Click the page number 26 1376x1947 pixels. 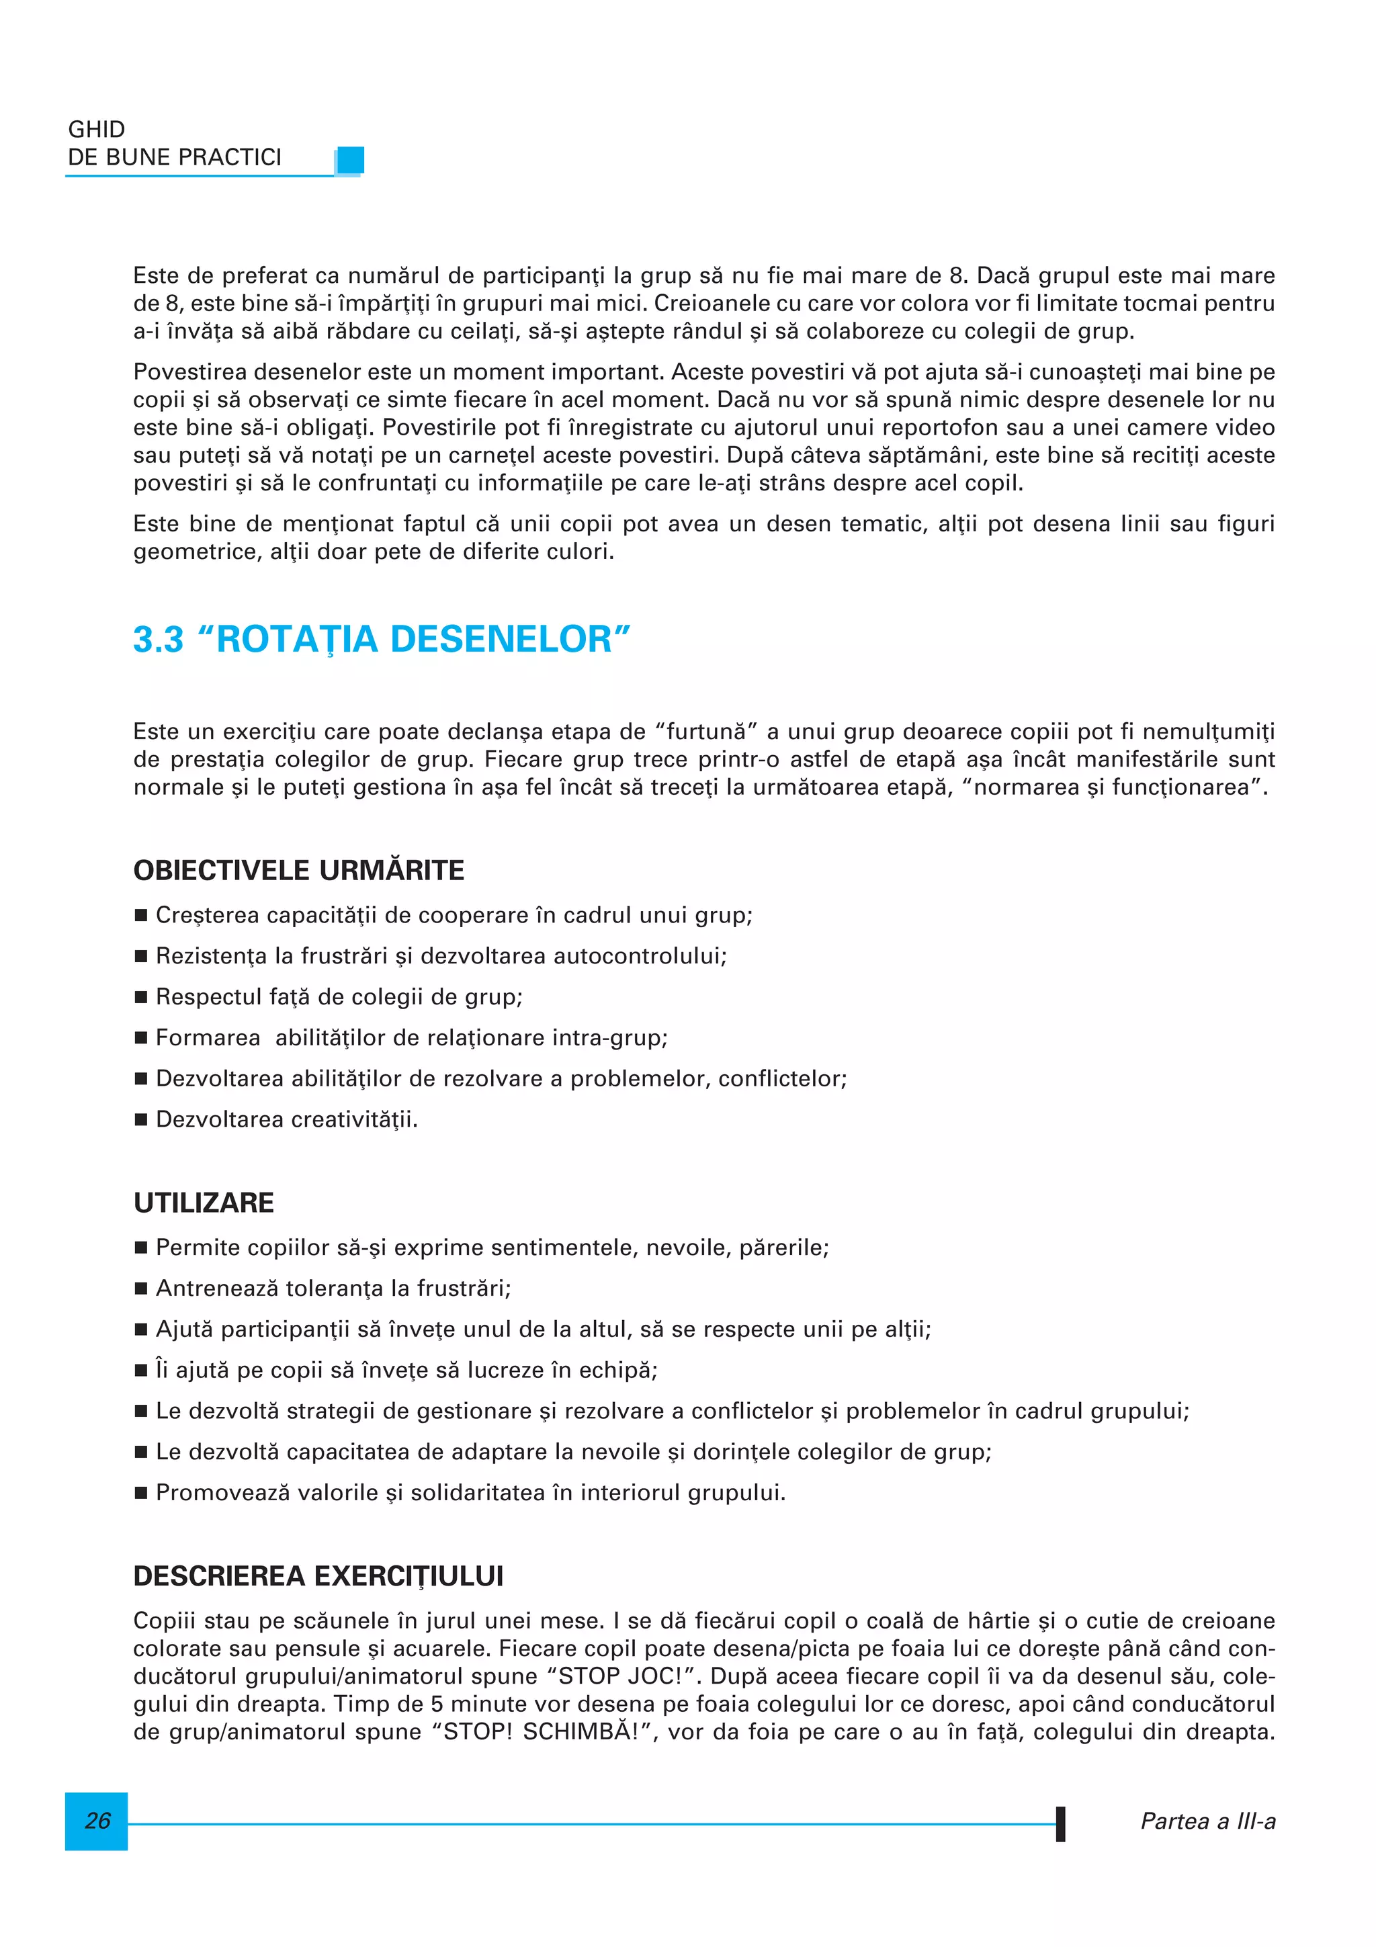click(97, 1821)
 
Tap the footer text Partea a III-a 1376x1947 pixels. click(1207, 1821)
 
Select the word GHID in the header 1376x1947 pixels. click(97, 130)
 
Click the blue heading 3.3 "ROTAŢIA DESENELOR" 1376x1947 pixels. click(382, 640)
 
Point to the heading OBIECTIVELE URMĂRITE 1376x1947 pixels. click(298, 870)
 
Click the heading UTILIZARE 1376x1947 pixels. click(204, 1203)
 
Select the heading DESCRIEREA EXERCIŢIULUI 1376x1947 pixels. click(318, 1575)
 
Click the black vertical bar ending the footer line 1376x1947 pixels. click(1060, 1823)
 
